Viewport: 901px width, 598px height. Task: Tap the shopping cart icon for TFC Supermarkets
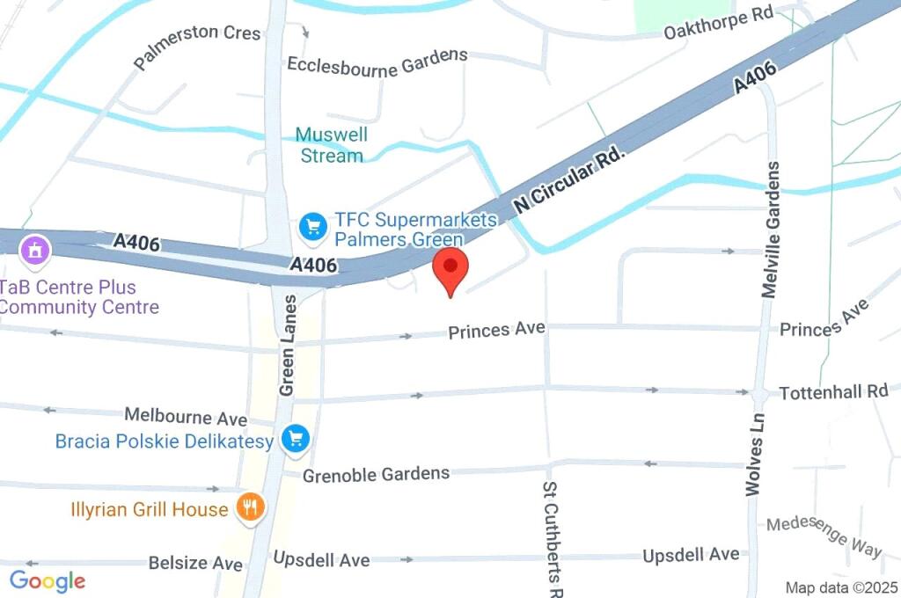(x=312, y=227)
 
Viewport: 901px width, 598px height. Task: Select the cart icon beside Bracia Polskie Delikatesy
(x=295, y=438)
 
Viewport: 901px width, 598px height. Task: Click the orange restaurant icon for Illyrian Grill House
(x=251, y=507)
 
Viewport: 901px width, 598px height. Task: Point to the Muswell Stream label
(x=331, y=146)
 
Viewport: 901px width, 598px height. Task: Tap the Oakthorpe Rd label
(x=718, y=24)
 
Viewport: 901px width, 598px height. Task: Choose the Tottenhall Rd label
(x=834, y=392)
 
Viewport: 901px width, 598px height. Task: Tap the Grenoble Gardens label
(x=377, y=475)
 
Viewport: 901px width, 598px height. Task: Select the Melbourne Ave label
(x=186, y=416)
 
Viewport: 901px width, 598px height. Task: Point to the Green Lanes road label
(x=287, y=344)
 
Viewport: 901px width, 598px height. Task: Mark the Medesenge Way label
(x=824, y=536)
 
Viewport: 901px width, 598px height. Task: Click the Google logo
(x=48, y=581)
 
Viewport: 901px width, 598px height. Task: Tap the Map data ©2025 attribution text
(x=842, y=587)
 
